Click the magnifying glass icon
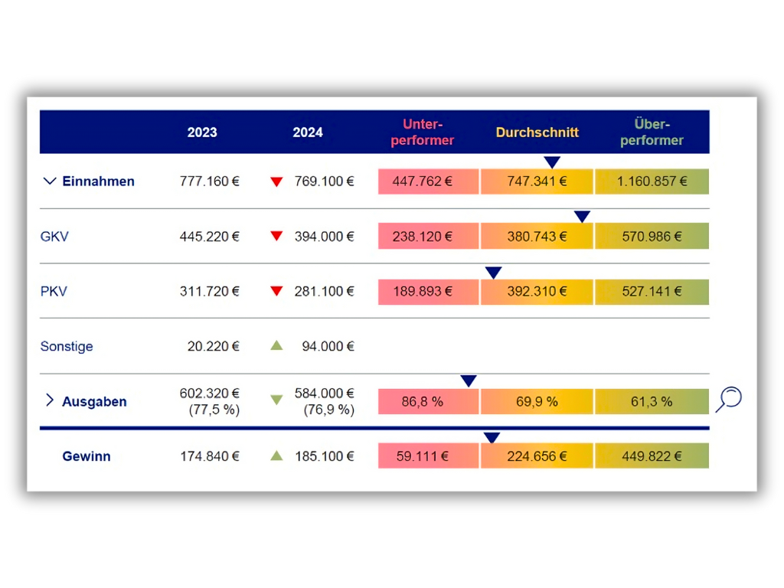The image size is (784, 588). tap(729, 399)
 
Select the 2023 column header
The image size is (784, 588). tap(202, 132)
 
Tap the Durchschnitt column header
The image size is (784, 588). tap(537, 132)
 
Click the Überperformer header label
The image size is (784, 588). tap(652, 132)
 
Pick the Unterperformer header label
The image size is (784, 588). tap(423, 132)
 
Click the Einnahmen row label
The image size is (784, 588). tap(98, 181)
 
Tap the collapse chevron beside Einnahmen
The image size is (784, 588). tap(50, 181)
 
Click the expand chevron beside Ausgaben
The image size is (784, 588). tap(50, 400)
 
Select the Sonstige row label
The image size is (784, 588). tap(67, 347)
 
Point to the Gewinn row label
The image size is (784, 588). tap(87, 456)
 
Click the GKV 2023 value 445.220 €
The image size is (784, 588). tap(210, 237)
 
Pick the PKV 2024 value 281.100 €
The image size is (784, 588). tap(325, 292)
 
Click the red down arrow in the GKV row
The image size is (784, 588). tap(276, 237)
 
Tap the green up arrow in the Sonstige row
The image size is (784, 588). tap(276, 346)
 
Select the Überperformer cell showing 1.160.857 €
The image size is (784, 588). tap(652, 181)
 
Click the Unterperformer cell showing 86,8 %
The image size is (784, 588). tap(427, 401)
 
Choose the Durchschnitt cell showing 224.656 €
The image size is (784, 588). tap(537, 456)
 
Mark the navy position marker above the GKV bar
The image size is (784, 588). tap(582, 217)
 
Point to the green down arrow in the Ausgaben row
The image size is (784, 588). tap(276, 400)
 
